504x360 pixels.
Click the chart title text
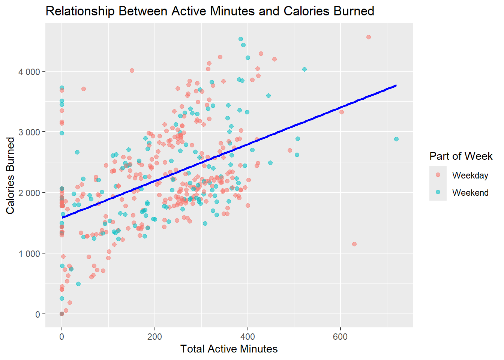210,11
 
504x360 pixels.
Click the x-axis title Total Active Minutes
229,349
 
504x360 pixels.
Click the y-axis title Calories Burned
10,175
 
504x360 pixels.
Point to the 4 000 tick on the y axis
29,72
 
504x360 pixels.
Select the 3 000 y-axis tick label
29,132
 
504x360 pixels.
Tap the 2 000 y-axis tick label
29,193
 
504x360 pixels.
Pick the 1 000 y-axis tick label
29,254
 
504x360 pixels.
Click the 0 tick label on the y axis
37,315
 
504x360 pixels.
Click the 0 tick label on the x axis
62,336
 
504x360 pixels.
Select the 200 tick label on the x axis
154,336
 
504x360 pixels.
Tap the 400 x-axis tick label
247,336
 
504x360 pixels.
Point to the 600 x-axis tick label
340,336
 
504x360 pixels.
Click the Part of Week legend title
461,156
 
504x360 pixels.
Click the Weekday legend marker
438,175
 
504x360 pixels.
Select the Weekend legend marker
438,192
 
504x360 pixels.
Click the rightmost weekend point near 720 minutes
396,139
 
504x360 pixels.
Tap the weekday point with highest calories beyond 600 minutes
369,37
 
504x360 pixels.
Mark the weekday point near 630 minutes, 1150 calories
354,244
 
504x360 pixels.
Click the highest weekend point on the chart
241,39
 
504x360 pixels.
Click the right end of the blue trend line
396,85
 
